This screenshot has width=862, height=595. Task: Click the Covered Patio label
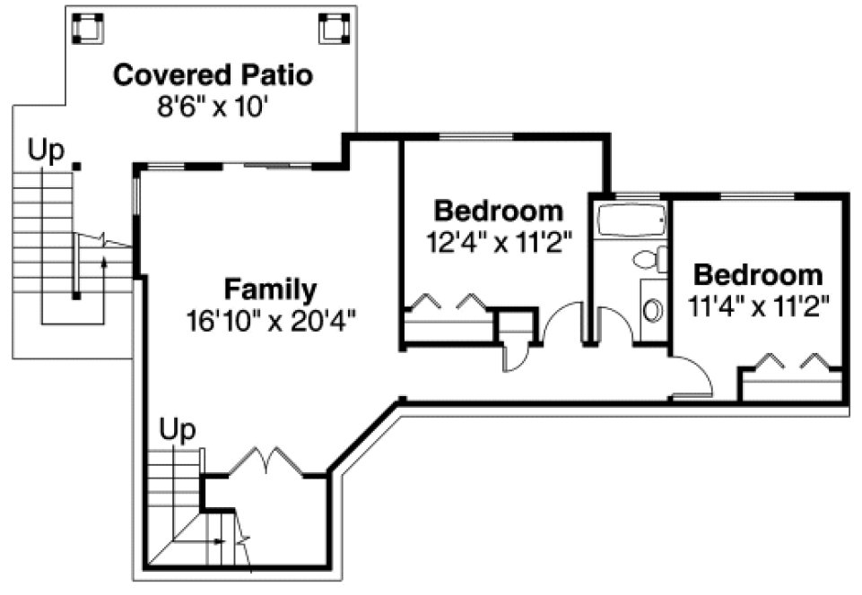pos(213,74)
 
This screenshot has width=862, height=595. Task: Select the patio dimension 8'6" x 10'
pos(213,107)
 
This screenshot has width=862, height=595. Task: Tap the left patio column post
pos(88,30)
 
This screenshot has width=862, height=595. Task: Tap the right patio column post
pos(334,30)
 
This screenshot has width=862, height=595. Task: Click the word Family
pos(270,289)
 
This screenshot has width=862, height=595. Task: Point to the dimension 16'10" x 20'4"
pos(272,319)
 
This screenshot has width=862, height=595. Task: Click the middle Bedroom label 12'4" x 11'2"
pos(499,211)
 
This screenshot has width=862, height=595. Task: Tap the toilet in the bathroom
pos(650,259)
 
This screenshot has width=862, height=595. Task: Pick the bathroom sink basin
pos(653,310)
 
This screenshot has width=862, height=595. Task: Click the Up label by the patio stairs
pos(46,151)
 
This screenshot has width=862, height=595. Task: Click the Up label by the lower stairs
pos(177,430)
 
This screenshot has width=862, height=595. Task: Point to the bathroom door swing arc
pos(614,323)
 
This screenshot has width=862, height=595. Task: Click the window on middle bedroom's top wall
pos(475,136)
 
